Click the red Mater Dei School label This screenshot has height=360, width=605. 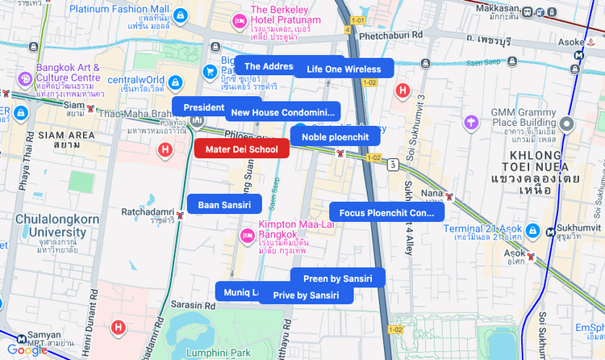(x=241, y=149)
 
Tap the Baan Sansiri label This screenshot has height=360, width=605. (x=224, y=205)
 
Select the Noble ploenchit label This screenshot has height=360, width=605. (x=335, y=137)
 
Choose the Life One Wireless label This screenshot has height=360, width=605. (x=344, y=69)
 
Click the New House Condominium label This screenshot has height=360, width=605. (x=282, y=112)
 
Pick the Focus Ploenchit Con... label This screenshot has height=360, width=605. (x=386, y=213)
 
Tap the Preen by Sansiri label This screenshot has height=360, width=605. (x=337, y=278)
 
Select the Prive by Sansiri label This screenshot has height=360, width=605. (x=306, y=295)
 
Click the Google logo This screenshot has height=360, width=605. (x=27, y=350)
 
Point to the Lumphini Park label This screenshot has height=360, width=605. (x=227, y=353)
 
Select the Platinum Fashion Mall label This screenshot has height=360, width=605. (x=119, y=10)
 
